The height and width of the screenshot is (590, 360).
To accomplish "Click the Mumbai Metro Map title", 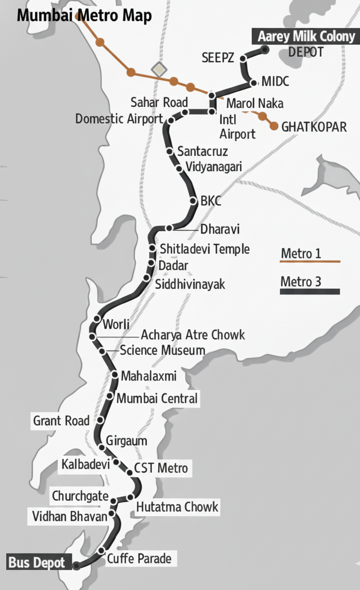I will click(84, 16).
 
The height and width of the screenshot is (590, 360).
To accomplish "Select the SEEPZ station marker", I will click(243, 59).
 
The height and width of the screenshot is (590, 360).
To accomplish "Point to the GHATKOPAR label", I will click(314, 127).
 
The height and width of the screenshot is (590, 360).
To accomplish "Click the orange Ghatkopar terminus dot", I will click(274, 126).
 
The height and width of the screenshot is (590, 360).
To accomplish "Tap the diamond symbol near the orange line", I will click(159, 69).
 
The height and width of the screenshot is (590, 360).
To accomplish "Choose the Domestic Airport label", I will click(119, 119).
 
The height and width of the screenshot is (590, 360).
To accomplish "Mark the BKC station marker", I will click(193, 200).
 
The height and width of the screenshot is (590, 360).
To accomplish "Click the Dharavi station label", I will click(220, 229).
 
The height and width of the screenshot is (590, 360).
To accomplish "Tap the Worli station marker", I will click(97, 318).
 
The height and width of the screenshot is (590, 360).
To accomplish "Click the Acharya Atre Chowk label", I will click(193, 335).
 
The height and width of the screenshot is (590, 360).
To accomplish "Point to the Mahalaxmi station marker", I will click(115, 374).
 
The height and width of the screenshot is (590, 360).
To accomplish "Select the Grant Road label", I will click(61, 420).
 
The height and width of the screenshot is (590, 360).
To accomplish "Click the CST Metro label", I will click(161, 469).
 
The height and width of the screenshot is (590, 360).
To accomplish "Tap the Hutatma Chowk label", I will click(177, 507).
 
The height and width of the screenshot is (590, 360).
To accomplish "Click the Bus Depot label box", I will click(37, 564).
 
